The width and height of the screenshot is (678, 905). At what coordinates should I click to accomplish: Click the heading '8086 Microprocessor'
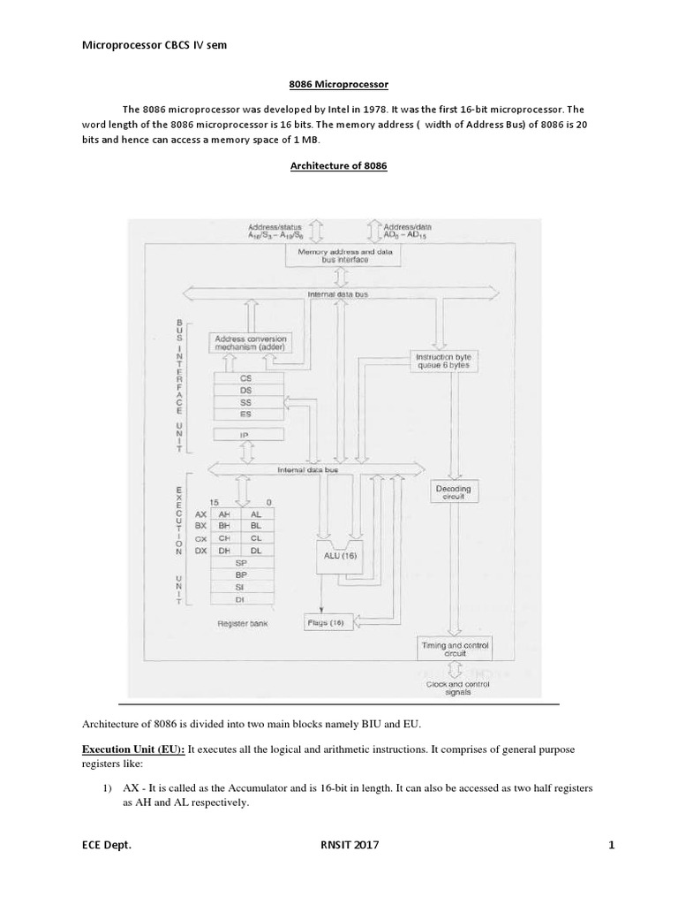pos(340,84)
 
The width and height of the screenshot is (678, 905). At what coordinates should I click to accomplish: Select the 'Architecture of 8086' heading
pos(340,166)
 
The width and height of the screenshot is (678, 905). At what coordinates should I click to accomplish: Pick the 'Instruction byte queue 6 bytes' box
pos(441,360)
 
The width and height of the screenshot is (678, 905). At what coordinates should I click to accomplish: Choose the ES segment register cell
pos(247,413)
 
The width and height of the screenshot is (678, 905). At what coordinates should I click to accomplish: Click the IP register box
pos(247,436)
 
